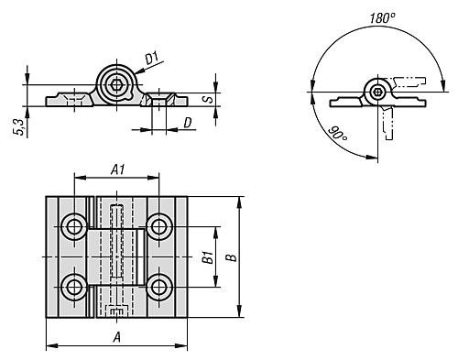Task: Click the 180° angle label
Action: (382, 18)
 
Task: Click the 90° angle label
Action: (338, 135)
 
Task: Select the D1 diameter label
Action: (152, 59)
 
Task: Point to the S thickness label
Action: (209, 99)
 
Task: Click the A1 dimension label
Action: (118, 169)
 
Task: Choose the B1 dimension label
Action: (208, 257)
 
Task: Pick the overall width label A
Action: (117, 337)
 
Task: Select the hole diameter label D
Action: (188, 123)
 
